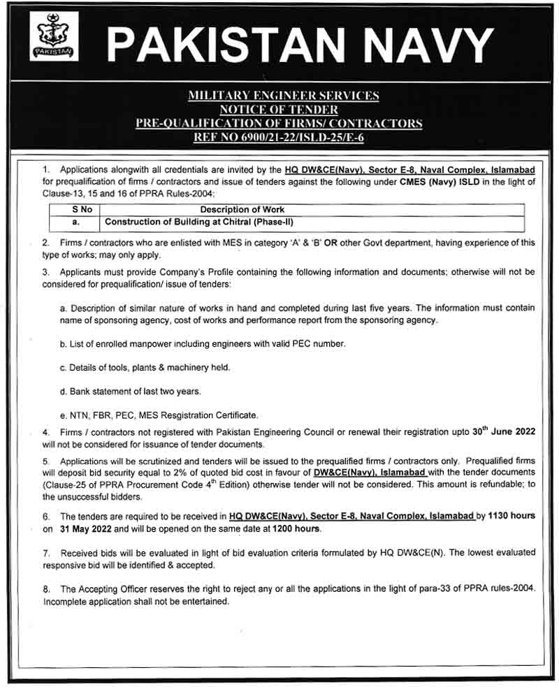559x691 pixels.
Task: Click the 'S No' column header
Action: [75, 209]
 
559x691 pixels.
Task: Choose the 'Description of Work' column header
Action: [242, 209]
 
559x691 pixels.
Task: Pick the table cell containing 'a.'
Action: [75, 223]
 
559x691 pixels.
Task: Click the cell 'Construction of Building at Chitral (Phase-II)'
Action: [198, 223]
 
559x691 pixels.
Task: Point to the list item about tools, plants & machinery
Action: [145, 367]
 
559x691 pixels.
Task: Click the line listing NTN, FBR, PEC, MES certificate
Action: [159, 415]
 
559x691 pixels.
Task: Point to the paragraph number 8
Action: [45, 588]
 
